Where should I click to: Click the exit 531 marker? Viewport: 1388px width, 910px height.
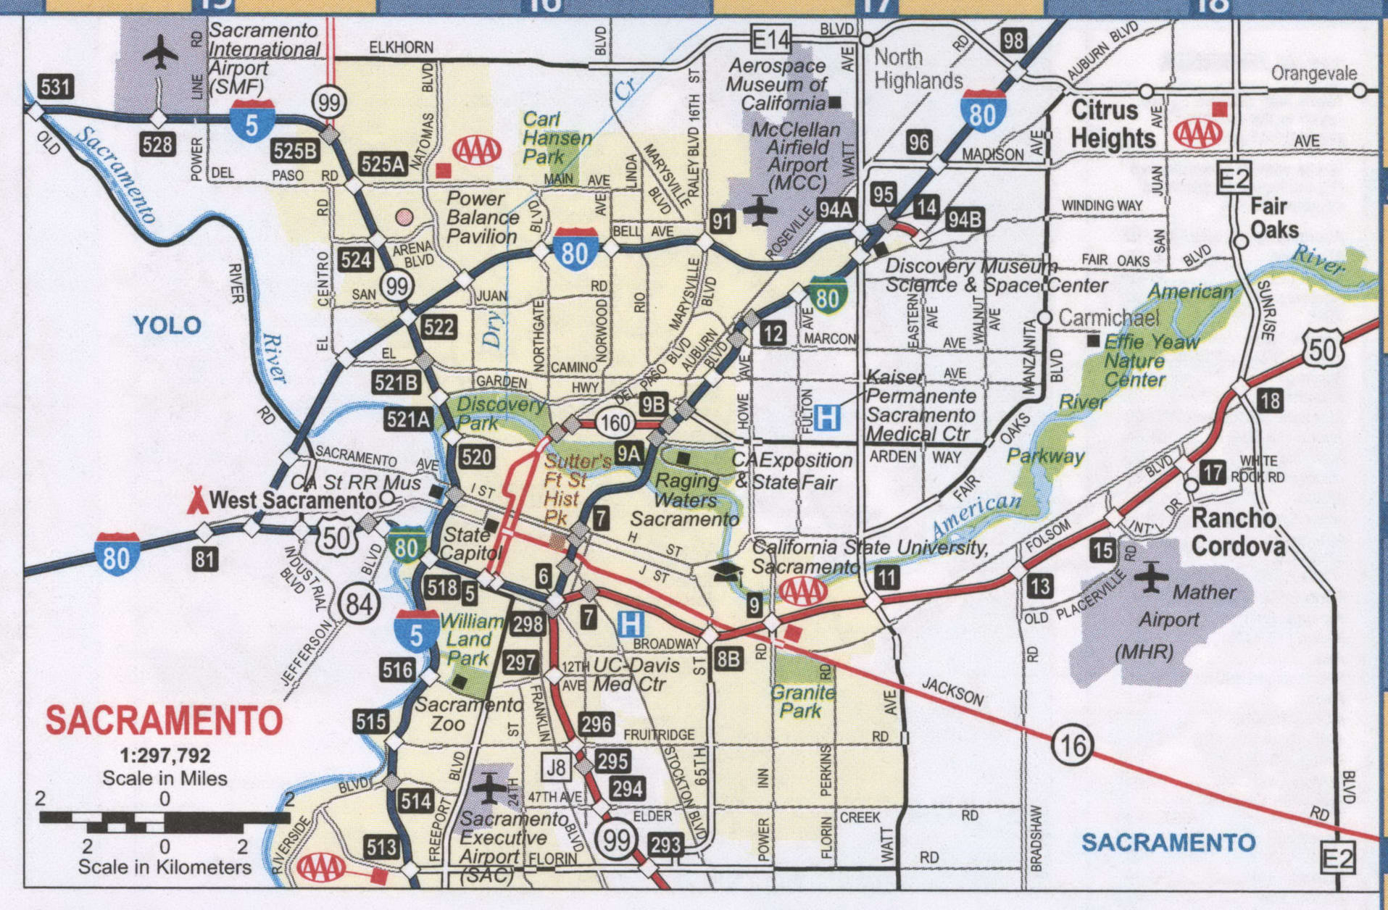pos(56,87)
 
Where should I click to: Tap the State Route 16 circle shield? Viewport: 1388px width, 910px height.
pos(1072,744)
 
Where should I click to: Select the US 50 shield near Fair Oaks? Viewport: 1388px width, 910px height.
pos(1323,349)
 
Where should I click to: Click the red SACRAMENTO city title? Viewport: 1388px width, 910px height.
pos(164,721)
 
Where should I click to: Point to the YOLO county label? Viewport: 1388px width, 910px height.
pos(167,325)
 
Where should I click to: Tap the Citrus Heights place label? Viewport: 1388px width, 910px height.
pos(1113,124)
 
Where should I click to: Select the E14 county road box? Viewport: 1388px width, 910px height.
pos(770,39)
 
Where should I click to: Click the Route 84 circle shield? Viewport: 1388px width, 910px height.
pos(358,603)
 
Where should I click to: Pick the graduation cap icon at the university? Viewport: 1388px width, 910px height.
pos(727,572)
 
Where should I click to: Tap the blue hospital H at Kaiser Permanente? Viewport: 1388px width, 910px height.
pos(827,418)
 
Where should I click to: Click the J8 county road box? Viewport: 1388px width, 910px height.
pos(555,767)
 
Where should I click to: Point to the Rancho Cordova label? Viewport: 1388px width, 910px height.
pos(1234,531)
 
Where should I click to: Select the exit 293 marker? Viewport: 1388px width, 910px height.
pos(665,844)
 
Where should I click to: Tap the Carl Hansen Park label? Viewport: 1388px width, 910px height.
pos(557,137)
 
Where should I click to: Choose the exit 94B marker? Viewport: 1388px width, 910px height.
pos(964,219)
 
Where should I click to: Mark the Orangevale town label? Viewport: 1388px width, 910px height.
pos(1313,73)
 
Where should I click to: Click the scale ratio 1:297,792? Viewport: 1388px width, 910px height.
pos(165,756)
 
